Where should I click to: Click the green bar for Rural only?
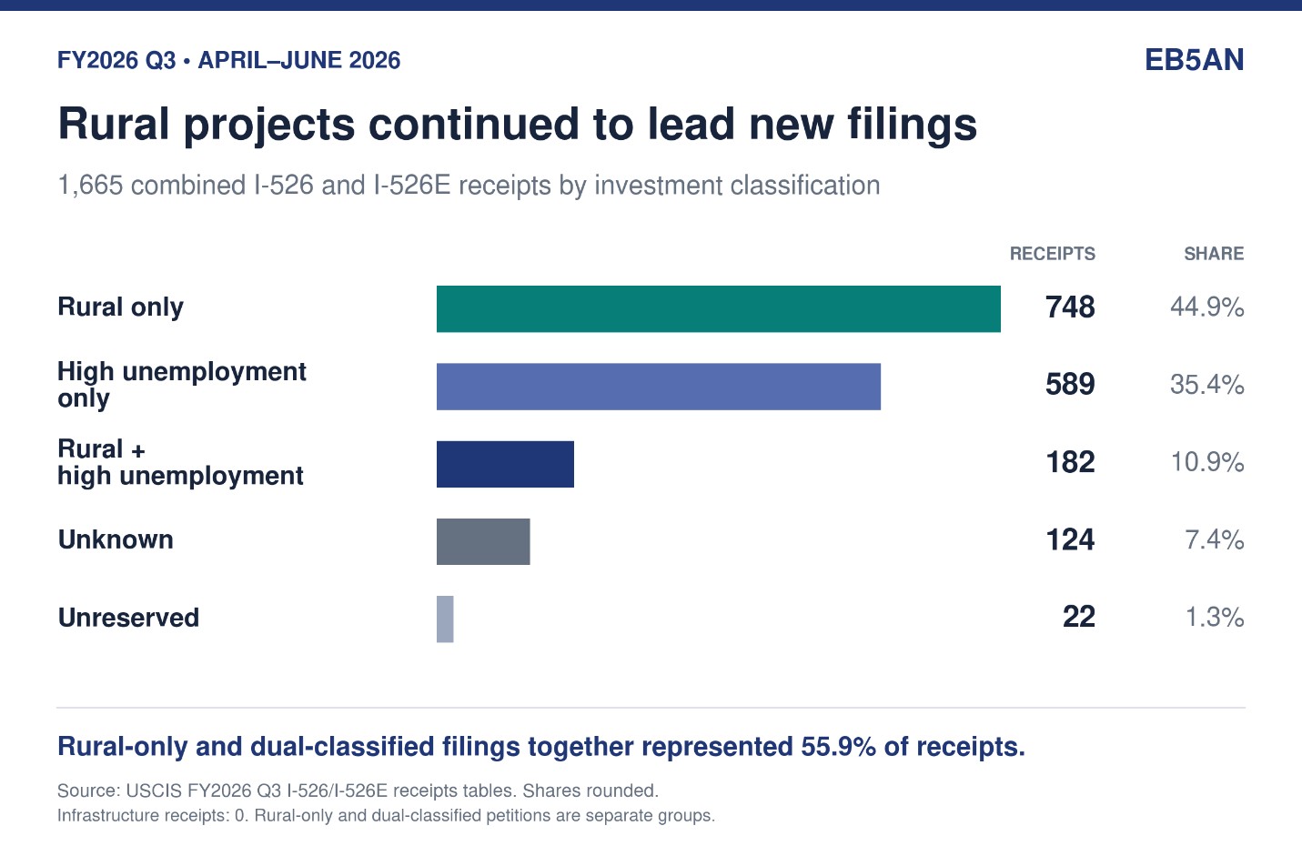pyautogui.click(x=719, y=308)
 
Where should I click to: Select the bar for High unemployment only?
pyautogui.click(x=659, y=387)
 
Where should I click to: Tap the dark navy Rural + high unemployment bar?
pyautogui.click(x=505, y=464)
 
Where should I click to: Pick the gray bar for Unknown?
pyautogui.click(x=483, y=541)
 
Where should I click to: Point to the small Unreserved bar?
pyautogui.click(x=445, y=619)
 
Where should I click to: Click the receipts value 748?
pyautogui.click(x=1070, y=307)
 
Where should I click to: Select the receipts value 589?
pyautogui.click(x=1070, y=384)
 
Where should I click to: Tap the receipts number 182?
pyautogui.click(x=1070, y=462)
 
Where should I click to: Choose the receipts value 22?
pyautogui.click(x=1079, y=617)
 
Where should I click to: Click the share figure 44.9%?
pyautogui.click(x=1207, y=307)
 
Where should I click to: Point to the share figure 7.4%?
pyautogui.click(x=1215, y=539)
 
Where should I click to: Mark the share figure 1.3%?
pyautogui.click(x=1215, y=617)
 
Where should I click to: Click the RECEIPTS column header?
pyautogui.click(x=1052, y=254)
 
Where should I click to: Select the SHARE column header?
pyautogui.click(x=1215, y=254)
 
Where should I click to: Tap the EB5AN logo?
pyautogui.click(x=1195, y=60)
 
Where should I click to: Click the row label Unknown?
pyautogui.click(x=116, y=539)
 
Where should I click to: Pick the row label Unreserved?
pyautogui.click(x=128, y=617)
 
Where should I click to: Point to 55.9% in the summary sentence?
pyautogui.click(x=838, y=747)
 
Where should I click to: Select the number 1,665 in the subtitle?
pyautogui.click(x=90, y=186)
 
